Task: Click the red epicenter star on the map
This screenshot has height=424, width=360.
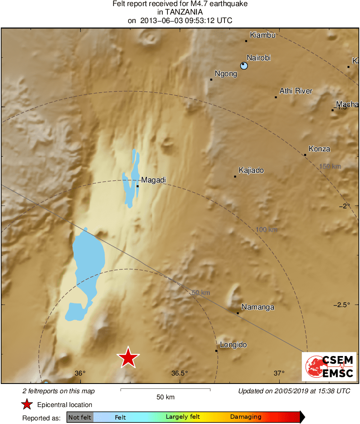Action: point(128,358)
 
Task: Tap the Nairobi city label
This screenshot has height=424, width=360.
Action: point(258,58)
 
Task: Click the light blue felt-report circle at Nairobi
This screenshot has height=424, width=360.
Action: point(244,66)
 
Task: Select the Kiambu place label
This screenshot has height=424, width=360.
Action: point(263,35)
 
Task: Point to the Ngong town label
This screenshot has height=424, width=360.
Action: point(226,74)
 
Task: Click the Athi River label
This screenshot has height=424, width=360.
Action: point(296,91)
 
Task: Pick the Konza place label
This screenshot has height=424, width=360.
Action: point(319,149)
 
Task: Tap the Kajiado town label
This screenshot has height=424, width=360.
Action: point(251,170)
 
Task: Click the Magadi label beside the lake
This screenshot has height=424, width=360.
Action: point(153,180)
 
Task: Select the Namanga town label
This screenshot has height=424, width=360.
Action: point(258,307)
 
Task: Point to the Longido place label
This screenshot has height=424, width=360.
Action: point(233,345)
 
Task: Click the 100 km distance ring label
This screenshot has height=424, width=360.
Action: point(267,230)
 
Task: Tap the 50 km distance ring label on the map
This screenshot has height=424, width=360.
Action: point(201,293)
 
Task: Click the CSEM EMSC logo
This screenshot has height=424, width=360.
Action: point(329,367)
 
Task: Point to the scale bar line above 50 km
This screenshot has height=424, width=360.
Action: point(165,390)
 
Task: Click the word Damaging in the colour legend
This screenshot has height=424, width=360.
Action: point(246,417)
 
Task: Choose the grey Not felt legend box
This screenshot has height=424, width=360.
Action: point(80,417)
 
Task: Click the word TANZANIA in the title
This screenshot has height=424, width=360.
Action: point(180,12)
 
